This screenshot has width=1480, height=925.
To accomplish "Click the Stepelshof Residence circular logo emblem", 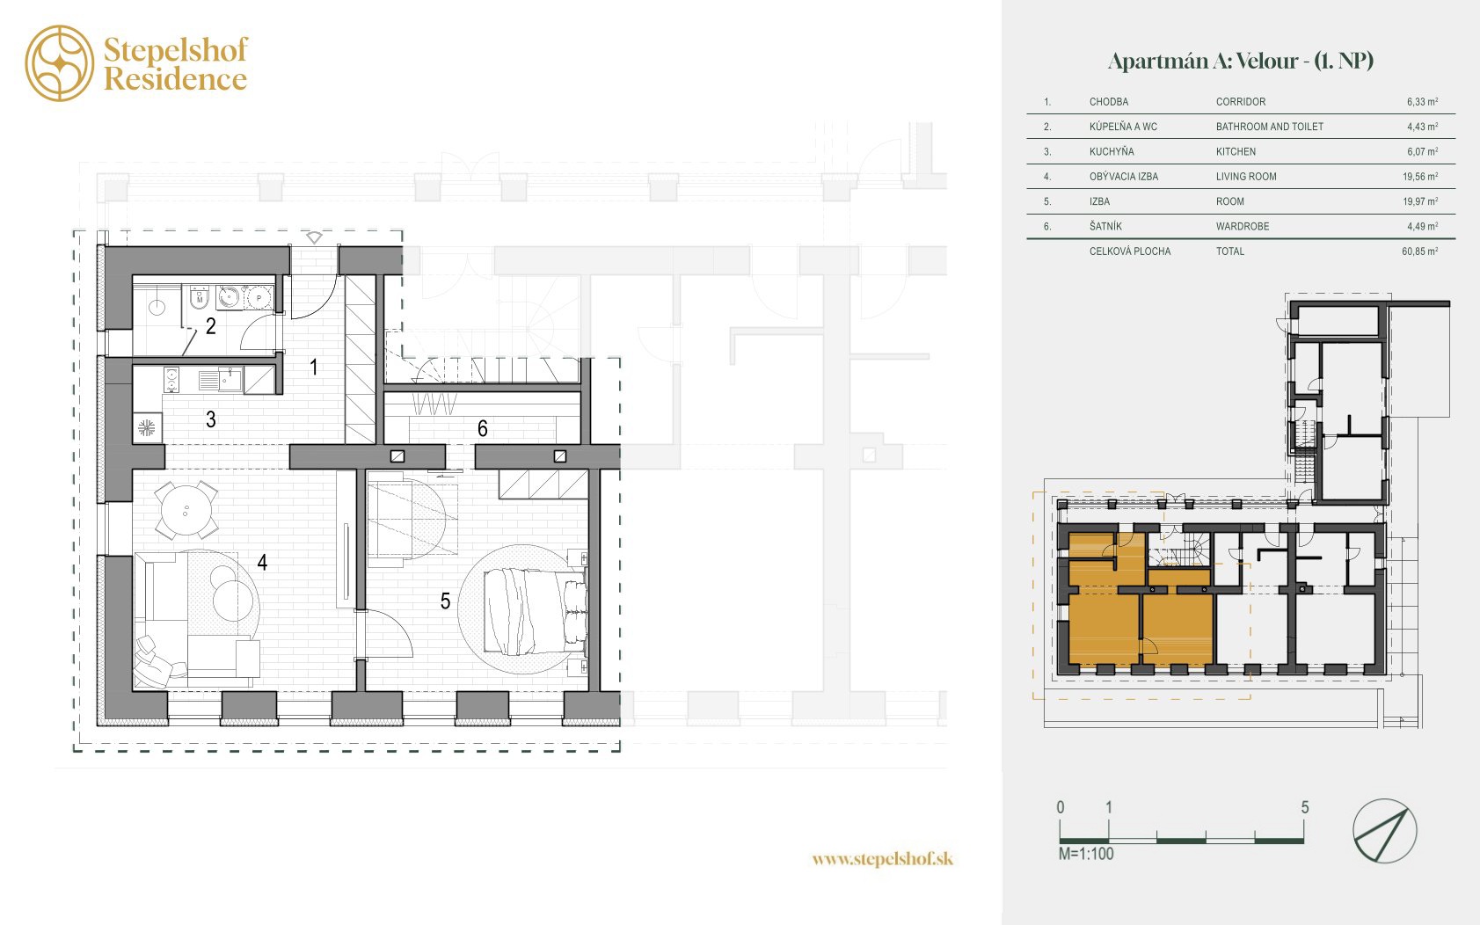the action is click(x=60, y=63).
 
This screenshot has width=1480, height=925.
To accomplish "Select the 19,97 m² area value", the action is click(x=1420, y=201).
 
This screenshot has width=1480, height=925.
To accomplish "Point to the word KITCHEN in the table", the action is click(x=1236, y=152).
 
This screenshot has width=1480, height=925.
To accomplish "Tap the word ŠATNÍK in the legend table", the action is click(x=1105, y=226).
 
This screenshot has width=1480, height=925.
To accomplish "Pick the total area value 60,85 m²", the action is click(x=1420, y=251).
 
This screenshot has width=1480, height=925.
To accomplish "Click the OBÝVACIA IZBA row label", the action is click(x=1123, y=177).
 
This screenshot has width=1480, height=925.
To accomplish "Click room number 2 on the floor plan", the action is click(x=211, y=325).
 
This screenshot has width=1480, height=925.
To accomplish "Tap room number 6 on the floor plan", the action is click(x=482, y=429).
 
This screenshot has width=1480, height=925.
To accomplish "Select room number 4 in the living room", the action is click(x=262, y=562).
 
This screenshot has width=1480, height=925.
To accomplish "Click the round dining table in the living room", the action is click(x=186, y=510).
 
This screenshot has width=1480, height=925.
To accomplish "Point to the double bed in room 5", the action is click(x=536, y=612).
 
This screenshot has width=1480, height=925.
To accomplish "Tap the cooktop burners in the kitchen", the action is click(x=171, y=381).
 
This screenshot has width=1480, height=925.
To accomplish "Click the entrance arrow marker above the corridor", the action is click(x=314, y=237).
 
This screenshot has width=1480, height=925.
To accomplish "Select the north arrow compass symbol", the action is click(x=1384, y=831).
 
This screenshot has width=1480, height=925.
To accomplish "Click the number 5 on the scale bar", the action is click(x=1304, y=807).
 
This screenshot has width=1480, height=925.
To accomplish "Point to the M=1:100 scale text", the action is click(x=1085, y=854).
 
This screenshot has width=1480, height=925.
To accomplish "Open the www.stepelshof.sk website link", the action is click(x=883, y=859).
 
